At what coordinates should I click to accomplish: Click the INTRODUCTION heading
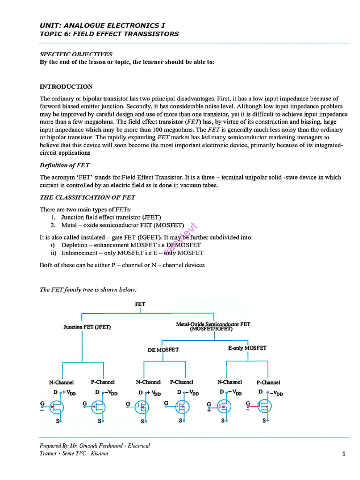tap(66, 87)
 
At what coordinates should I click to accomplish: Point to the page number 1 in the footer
tap(344, 454)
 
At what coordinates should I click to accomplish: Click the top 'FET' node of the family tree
tap(140, 304)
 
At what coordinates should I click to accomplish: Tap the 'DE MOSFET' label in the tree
tap(163, 350)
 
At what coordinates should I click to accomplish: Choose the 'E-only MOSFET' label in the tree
tap(247, 348)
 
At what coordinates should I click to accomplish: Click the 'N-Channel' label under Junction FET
tap(62, 382)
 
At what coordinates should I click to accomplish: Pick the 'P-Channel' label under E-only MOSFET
tap(268, 382)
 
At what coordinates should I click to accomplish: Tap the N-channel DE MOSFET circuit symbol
tap(142, 407)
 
